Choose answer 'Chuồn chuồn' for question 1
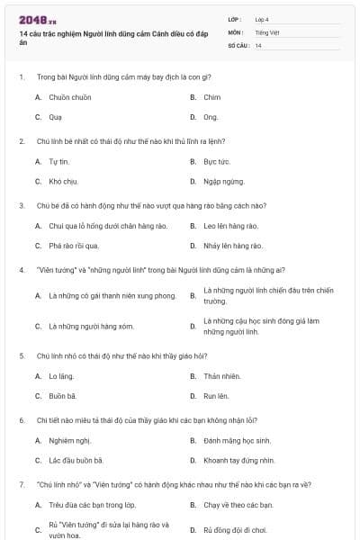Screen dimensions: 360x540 65,96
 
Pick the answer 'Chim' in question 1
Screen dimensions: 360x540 211,96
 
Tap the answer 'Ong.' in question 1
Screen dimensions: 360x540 211,117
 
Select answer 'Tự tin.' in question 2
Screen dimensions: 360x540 58,161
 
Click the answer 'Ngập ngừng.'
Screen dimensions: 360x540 221,181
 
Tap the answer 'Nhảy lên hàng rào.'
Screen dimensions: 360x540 232,246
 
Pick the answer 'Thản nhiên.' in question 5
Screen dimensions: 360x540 221,375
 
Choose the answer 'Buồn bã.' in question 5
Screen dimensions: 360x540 62,395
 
